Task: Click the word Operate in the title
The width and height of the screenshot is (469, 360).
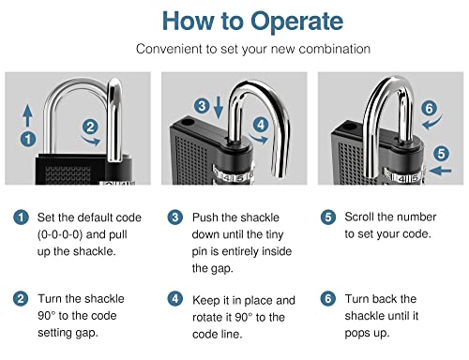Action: (x=296, y=22)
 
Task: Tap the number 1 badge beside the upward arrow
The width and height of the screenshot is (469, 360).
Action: (x=28, y=139)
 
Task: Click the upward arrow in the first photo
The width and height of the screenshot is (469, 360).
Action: (x=27, y=115)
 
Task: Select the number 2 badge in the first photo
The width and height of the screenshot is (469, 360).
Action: (x=90, y=127)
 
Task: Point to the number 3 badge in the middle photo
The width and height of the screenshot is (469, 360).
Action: (x=202, y=106)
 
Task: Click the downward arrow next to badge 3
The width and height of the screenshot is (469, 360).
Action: (x=219, y=108)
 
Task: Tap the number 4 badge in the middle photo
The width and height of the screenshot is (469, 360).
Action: (x=261, y=125)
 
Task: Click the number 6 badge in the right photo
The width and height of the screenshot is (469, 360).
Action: (x=429, y=108)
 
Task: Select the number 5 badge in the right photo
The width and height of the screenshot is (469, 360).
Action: (x=441, y=154)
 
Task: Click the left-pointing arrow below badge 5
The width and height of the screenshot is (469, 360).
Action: (x=440, y=171)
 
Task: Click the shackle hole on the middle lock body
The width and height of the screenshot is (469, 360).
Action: (x=187, y=122)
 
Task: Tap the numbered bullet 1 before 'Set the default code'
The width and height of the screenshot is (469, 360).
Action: (x=21, y=217)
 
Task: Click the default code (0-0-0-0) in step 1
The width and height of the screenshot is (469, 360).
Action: (x=60, y=234)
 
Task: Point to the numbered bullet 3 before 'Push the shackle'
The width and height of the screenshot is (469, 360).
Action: (x=175, y=217)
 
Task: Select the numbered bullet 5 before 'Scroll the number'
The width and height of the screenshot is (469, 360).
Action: (x=328, y=217)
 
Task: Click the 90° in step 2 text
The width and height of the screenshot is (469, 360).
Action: (x=46, y=316)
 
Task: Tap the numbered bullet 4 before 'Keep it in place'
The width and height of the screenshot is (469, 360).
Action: (x=175, y=299)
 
